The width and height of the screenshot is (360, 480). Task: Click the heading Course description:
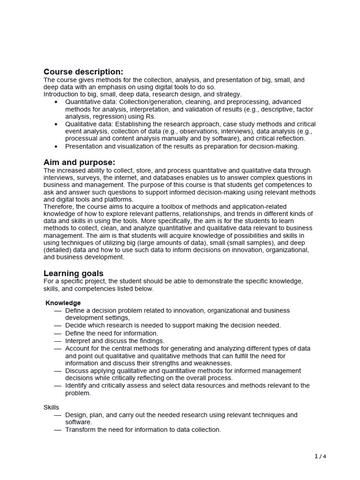click(83, 72)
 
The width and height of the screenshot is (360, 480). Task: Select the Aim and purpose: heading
click(79, 162)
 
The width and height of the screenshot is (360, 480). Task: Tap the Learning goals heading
click(74, 273)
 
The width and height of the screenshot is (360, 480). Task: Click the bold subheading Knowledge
click(63, 303)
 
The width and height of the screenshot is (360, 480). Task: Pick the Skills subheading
click(51, 407)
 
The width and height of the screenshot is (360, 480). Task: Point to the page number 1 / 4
click(320, 456)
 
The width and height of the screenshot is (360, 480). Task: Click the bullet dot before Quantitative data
click(56, 102)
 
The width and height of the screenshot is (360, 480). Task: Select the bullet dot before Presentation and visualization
click(56, 146)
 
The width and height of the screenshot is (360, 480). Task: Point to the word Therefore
click(60, 207)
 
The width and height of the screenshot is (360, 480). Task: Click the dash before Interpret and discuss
click(57, 341)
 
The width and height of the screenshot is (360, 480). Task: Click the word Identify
click(76, 385)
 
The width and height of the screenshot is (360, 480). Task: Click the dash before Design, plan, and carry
click(57, 415)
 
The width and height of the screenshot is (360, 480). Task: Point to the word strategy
click(228, 94)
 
